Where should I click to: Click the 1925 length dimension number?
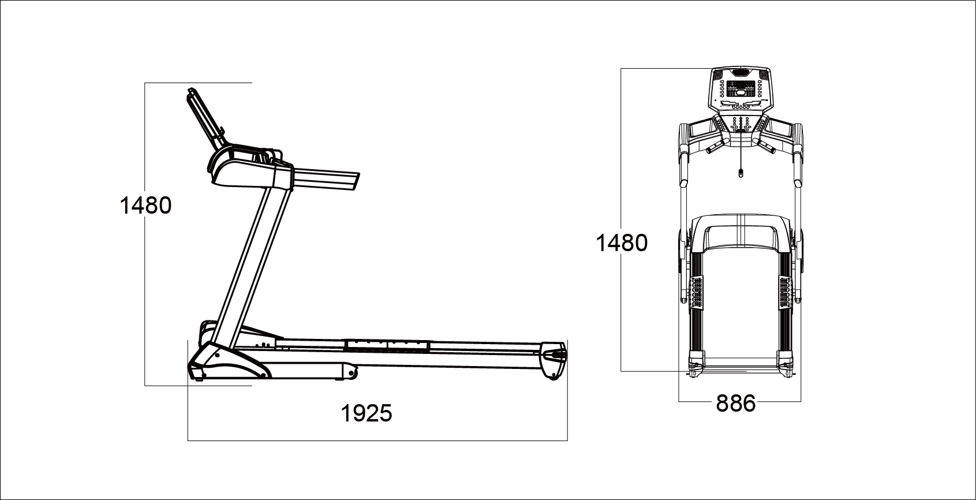point(367,413)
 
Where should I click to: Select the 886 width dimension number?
point(735,404)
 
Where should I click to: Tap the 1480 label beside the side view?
point(145,206)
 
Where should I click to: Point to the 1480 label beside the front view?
point(622,243)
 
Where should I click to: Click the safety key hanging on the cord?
point(741,172)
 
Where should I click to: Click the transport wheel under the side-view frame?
point(350,374)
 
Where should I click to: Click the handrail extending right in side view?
point(326,178)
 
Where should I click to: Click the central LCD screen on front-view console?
point(741,90)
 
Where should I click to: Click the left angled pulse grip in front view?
point(715,146)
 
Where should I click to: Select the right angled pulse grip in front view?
point(766,146)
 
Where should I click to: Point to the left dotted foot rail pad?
point(697,292)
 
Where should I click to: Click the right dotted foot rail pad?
point(784,292)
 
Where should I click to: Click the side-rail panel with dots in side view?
point(387,346)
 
